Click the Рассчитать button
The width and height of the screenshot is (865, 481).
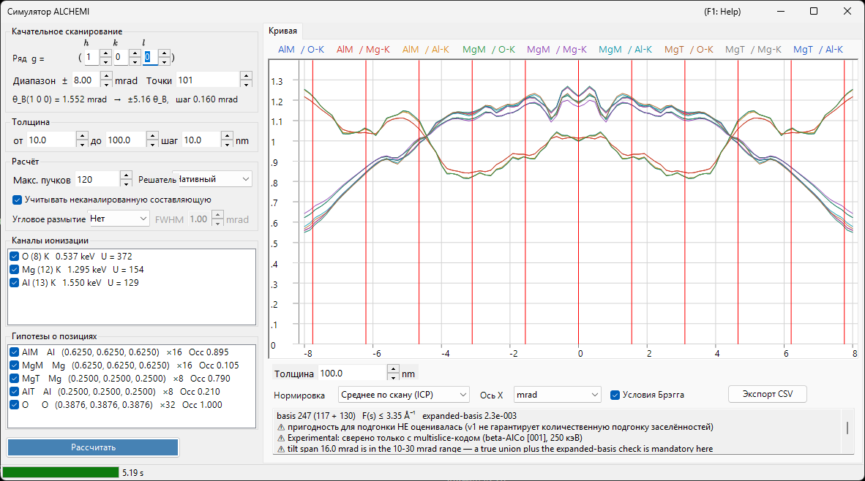[93, 447]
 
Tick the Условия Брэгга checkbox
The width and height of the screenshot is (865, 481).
[615, 395]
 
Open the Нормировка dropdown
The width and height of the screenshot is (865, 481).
[403, 395]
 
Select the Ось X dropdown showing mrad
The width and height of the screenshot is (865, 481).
[557, 395]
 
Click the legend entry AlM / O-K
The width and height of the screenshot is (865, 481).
[302, 50]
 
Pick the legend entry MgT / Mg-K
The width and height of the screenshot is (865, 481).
[753, 50]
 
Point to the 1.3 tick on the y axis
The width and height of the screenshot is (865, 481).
[277, 82]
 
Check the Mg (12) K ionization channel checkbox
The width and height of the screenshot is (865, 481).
[15, 270]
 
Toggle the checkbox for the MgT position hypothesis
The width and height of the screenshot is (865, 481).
[15, 379]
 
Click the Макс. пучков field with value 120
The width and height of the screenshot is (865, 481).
[97, 180]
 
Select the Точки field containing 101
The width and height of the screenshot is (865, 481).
[208, 80]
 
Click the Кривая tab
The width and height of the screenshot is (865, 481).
[282, 31]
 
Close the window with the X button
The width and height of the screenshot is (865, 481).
[847, 11]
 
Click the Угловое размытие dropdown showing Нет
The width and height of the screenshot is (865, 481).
[119, 219]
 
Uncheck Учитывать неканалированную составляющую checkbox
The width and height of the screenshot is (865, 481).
[17, 200]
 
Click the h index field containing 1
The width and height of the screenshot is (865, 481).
[91, 57]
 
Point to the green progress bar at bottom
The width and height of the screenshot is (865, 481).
[61, 472]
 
